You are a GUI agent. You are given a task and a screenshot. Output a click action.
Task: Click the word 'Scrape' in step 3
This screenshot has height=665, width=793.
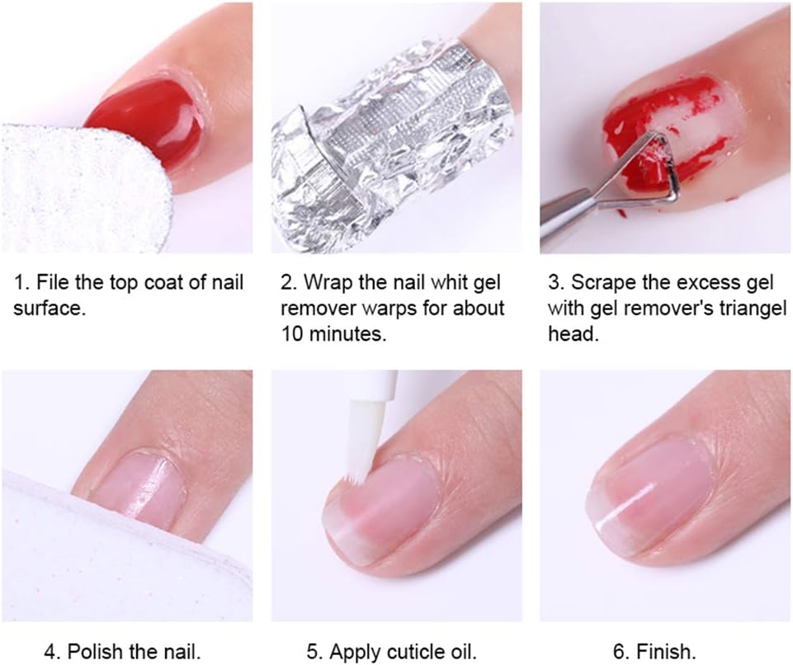coord(593,283)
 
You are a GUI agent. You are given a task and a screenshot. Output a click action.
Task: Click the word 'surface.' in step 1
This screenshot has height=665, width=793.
coord(47,309)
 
